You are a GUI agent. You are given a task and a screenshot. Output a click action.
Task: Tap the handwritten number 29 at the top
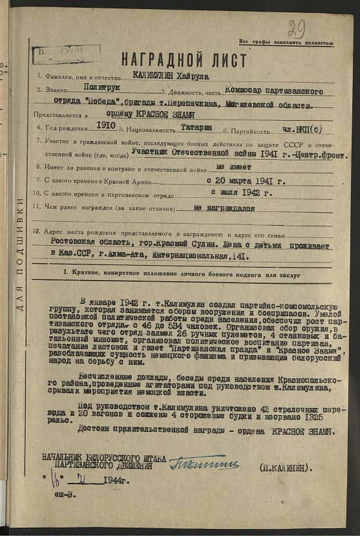click(x=297, y=28)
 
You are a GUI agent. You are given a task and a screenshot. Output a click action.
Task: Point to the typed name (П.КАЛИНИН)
click(x=286, y=466)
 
